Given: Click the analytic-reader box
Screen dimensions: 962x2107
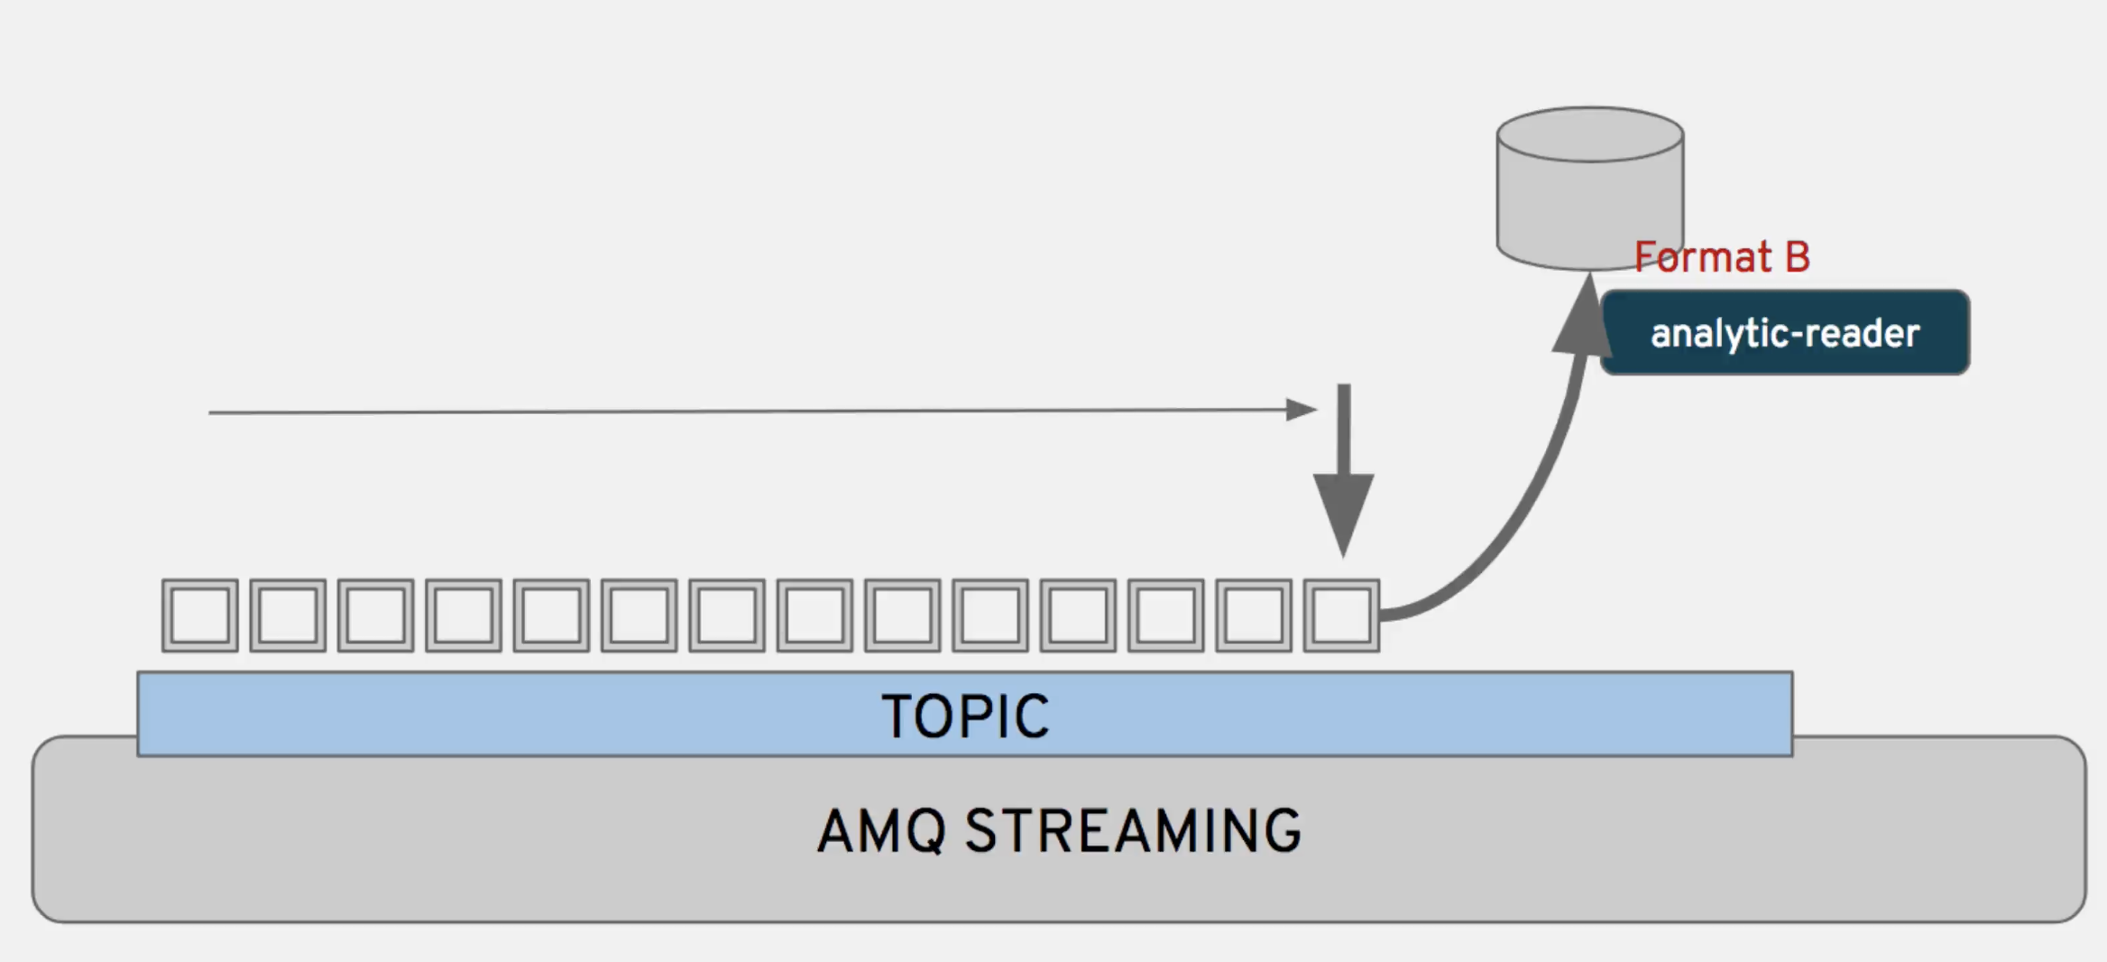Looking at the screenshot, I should point(1784,333).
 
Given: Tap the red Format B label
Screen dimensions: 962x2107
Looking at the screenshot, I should point(1721,258).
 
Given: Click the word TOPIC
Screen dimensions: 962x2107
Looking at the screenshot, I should point(965,717).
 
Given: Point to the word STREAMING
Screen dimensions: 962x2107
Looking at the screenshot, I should point(1133,831).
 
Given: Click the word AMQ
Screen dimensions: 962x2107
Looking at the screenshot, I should point(881,831).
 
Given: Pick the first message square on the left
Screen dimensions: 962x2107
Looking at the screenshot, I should point(200,615).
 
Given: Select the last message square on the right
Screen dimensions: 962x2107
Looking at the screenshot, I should point(1341,615).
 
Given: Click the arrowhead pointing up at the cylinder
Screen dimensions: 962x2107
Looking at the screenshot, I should point(1583,316).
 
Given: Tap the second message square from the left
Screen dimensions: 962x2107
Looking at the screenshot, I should point(288,615).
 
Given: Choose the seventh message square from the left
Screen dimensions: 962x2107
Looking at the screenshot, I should point(727,615).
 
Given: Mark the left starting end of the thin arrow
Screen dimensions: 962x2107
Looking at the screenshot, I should point(211,412).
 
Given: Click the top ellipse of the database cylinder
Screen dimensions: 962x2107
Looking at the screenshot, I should point(1589,135).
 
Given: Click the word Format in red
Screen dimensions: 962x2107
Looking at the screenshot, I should point(1690,258).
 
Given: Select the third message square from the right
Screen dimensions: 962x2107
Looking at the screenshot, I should point(1166,615).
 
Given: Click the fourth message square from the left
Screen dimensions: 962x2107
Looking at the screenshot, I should point(464,615).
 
